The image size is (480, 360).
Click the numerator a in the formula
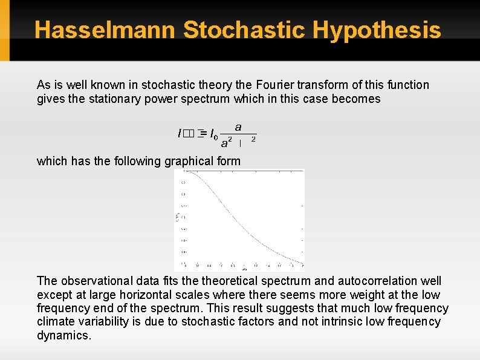point(238,128)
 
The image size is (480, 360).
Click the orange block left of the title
point(5,30)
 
